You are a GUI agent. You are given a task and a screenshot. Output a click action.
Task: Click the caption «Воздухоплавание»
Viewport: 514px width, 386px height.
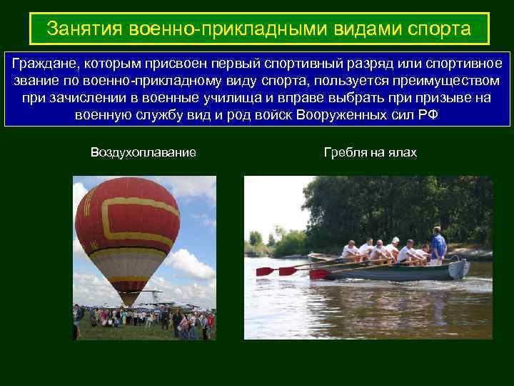pyautogui.click(x=143, y=152)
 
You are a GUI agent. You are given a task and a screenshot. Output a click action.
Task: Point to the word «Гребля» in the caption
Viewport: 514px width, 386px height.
pyautogui.click(x=347, y=152)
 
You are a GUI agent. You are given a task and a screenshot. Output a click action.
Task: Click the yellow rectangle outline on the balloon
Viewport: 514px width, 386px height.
pyautogui.click(x=143, y=218)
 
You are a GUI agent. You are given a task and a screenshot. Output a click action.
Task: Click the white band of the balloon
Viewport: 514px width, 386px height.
pyautogui.click(x=128, y=253)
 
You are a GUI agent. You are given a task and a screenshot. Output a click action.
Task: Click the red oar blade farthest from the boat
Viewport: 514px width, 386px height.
pyautogui.click(x=265, y=272)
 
